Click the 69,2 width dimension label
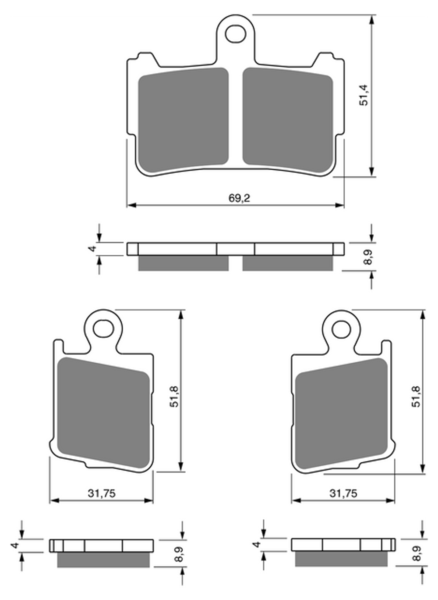239,198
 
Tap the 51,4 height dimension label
364,95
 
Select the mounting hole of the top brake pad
236,34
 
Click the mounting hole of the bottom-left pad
103,329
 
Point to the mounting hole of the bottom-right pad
341,329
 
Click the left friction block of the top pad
183,120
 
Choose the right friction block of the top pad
288,120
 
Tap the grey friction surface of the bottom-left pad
103,412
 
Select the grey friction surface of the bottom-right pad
341,412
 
